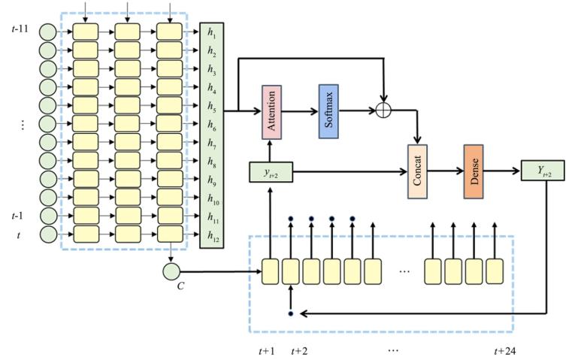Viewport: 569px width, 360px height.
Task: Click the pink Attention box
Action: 271,111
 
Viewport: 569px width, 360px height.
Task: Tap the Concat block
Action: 417,171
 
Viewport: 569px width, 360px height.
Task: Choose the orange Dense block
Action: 473,171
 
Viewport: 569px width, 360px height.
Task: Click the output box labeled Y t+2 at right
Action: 541,171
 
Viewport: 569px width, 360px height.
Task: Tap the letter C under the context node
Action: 171,288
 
